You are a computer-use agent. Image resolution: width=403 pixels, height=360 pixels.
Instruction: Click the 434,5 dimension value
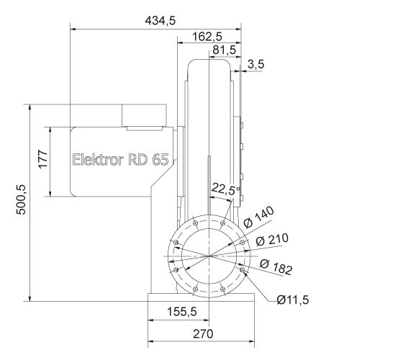point(160,21)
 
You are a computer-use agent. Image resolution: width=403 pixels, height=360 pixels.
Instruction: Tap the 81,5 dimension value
point(225,50)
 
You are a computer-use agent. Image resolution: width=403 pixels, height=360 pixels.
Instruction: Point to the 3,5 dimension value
point(255,65)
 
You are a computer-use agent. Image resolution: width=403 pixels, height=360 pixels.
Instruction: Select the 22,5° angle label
point(225,190)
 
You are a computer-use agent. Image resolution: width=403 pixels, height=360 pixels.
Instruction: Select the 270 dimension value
point(203,334)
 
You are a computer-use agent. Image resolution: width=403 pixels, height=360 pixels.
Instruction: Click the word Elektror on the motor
point(99,160)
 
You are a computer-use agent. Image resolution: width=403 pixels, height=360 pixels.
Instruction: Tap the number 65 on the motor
point(160,160)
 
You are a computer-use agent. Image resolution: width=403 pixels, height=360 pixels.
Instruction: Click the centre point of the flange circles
point(209,256)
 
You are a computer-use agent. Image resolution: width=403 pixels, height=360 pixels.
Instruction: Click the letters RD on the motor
point(137,160)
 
